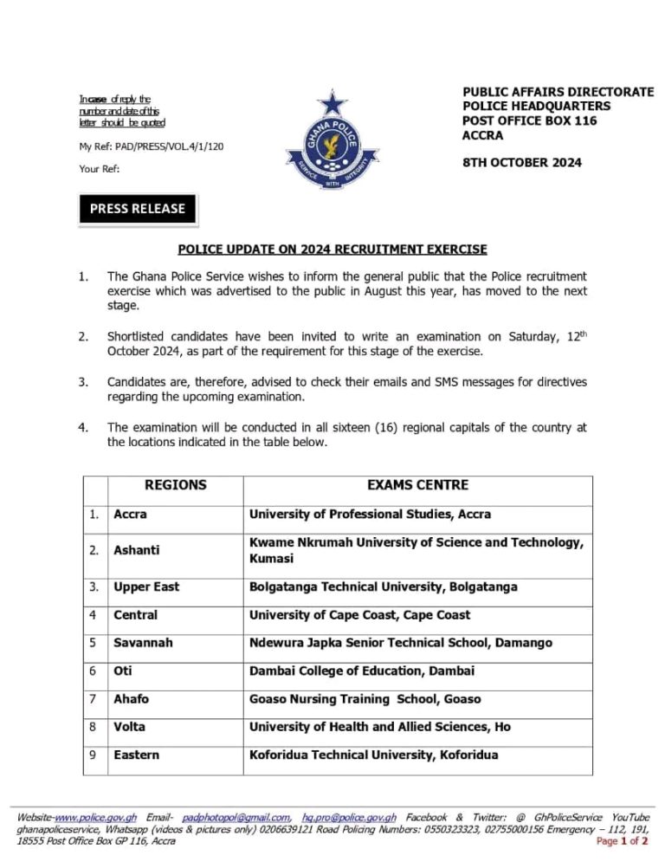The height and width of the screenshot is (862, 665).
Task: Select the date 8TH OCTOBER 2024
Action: pos(522,162)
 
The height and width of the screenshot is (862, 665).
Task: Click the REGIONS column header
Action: pos(175,485)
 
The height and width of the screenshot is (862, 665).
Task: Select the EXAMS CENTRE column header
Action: pos(417,485)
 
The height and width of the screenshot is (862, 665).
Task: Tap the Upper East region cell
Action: pos(146,587)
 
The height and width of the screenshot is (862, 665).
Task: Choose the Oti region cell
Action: pos(122,671)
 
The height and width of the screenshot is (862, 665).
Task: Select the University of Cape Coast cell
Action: pos(359,614)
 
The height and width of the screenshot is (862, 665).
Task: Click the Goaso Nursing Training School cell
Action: pos(365,698)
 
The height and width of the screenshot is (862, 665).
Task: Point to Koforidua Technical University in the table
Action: pos(373,755)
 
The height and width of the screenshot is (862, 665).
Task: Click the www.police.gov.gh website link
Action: pos(95,817)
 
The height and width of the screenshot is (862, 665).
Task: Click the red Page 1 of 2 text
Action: pos(623,841)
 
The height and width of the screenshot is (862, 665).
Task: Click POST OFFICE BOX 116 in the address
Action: pos(529,120)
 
